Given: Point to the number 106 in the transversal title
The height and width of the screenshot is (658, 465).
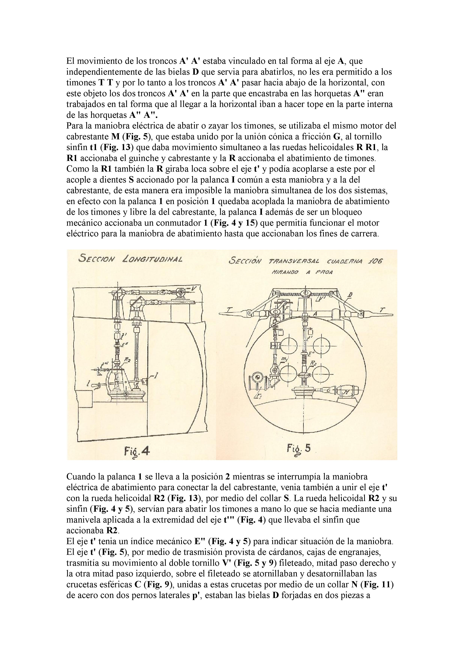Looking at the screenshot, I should point(374,261).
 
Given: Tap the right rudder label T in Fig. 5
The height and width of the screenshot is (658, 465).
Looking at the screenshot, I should point(383,309).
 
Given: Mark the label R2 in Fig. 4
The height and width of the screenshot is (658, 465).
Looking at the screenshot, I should point(127,361).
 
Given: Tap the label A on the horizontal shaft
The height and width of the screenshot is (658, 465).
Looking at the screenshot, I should point(315,314).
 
